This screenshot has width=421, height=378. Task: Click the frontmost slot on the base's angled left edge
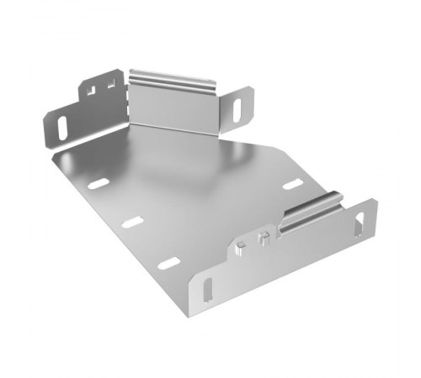point(169,263)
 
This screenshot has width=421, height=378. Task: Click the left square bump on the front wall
point(242,246)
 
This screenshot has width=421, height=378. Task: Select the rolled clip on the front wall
point(312,215)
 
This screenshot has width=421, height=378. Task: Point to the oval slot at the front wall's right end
point(360,224)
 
